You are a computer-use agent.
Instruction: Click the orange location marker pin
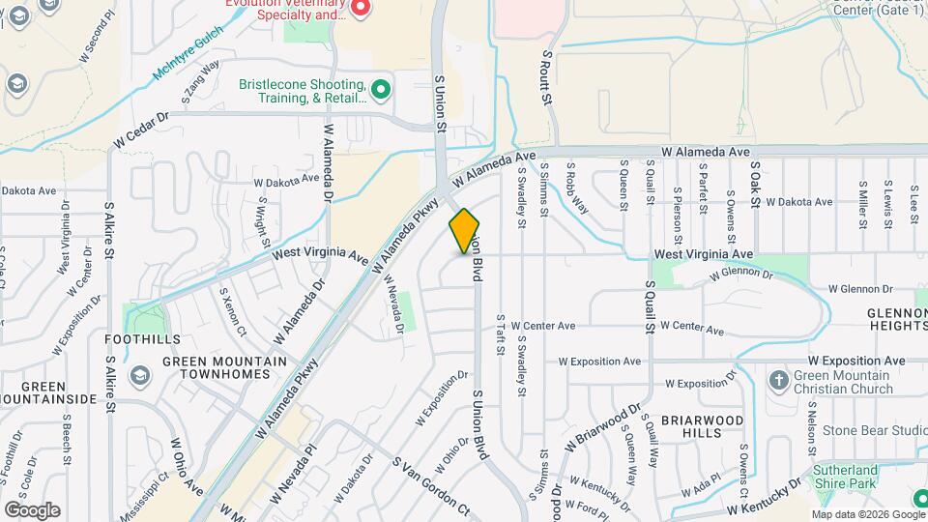click(x=464, y=231)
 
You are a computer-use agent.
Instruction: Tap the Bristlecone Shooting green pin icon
click(x=382, y=91)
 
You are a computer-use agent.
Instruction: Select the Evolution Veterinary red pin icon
click(x=361, y=9)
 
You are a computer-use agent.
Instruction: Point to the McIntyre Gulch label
click(x=188, y=54)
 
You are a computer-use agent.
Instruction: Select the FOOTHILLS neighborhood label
click(x=144, y=339)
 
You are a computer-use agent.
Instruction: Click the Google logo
click(x=32, y=509)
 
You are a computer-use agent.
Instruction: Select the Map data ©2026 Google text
click(x=866, y=514)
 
